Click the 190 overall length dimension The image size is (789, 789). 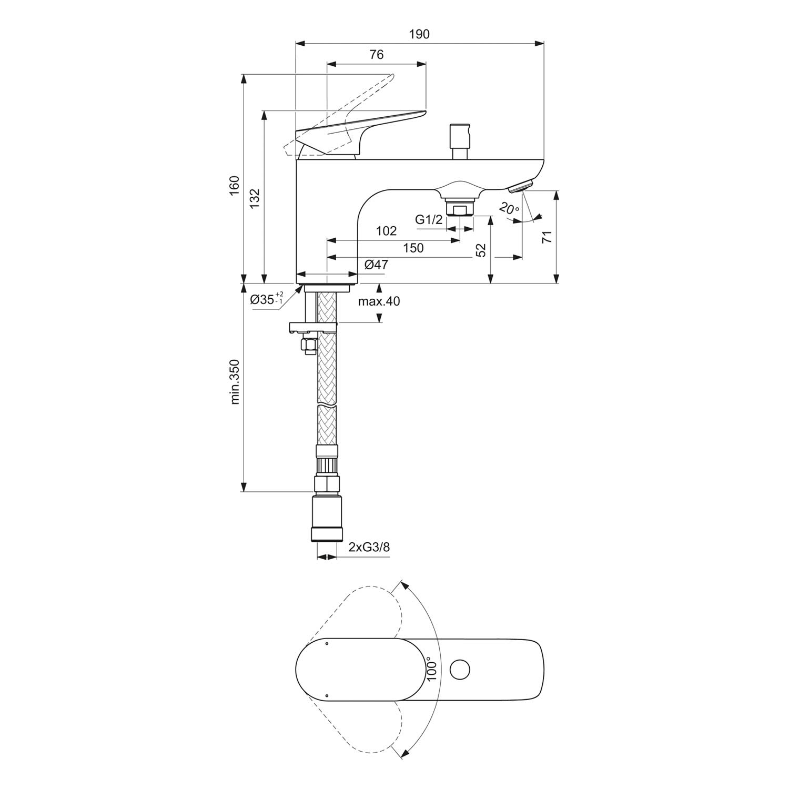(419, 34)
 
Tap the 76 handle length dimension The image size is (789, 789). (377, 54)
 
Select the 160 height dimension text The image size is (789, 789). (235, 186)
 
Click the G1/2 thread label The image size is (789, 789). (429, 219)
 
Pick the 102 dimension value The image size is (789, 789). (386, 231)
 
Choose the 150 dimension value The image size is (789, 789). (413, 248)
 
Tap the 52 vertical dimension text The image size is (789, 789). (481, 250)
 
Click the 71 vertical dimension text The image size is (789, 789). (548, 236)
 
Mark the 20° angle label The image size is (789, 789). (509, 209)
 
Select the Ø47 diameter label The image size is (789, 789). (376, 265)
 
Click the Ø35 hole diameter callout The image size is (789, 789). (267, 299)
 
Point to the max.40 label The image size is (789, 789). (379, 301)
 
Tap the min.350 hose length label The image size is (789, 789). (235, 381)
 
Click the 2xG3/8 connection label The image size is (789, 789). (369, 547)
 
